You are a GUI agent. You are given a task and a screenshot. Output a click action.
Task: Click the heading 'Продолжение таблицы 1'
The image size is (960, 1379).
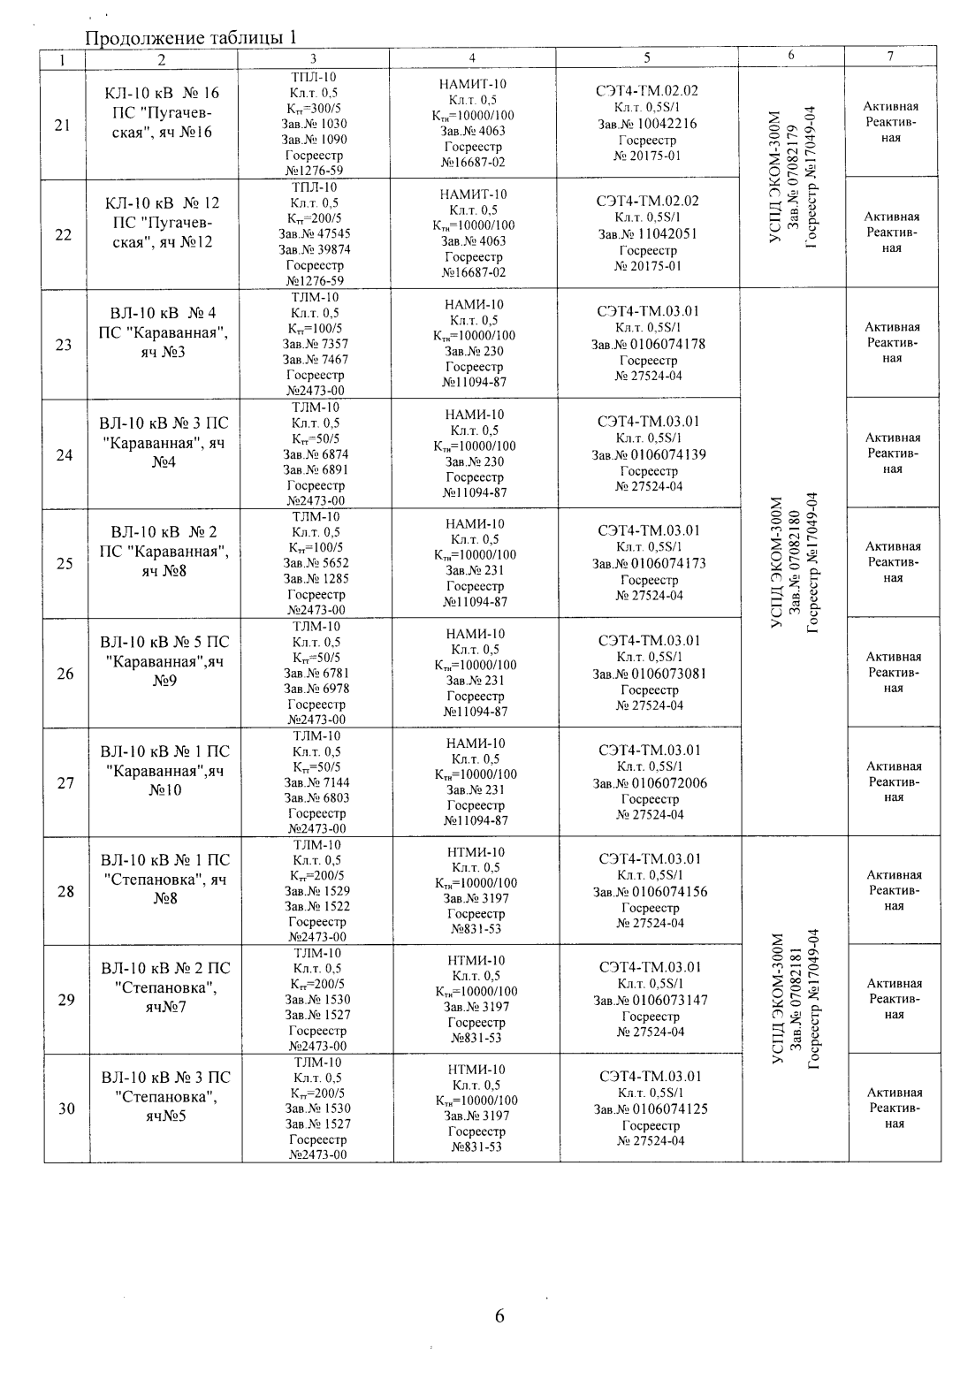(191, 39)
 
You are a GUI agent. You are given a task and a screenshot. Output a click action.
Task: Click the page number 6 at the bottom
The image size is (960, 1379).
(499, 1315)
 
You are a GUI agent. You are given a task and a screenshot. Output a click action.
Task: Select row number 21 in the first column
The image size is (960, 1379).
(63, 125)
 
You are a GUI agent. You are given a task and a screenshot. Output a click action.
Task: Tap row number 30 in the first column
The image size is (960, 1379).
(66, 1109)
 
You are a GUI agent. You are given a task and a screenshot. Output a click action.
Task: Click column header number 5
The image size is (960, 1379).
(647, 57)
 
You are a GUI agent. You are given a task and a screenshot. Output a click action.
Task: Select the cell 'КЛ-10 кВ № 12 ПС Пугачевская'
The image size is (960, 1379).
(163, 222)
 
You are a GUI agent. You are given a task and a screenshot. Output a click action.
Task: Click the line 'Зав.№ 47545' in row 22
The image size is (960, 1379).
(316, 234)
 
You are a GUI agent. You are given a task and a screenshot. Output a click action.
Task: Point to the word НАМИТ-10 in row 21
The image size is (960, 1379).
(473, 85)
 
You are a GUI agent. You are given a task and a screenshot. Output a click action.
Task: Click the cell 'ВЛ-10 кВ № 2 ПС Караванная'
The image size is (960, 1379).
(164, 551)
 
